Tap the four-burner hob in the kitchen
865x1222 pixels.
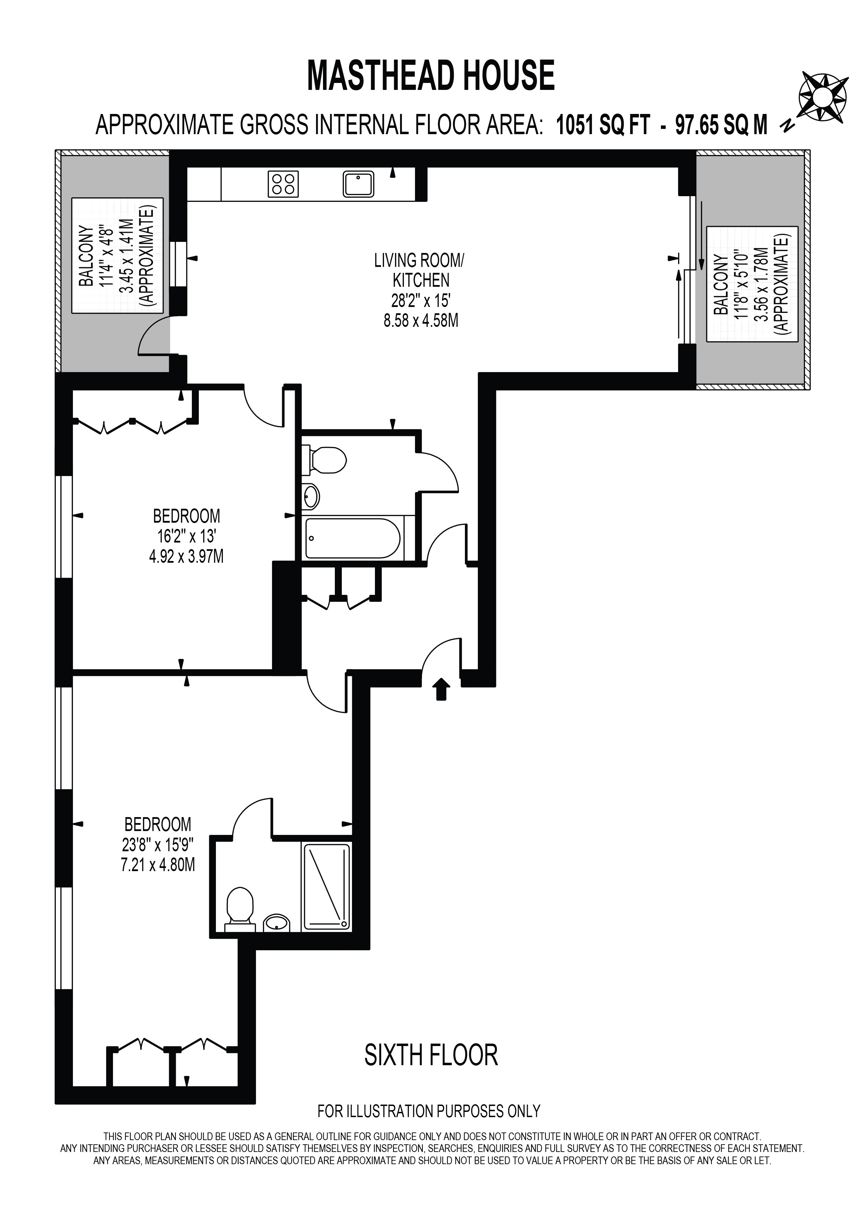[x=283, y=184]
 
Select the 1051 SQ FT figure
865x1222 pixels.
[x=603, y=125]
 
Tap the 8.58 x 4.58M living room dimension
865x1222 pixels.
[x=421, y=322]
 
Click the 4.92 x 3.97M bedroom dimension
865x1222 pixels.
[x=186, y=557]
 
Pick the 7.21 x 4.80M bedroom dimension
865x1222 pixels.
[x=158, y=866]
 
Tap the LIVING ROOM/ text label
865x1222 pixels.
[x=419, y=260]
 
